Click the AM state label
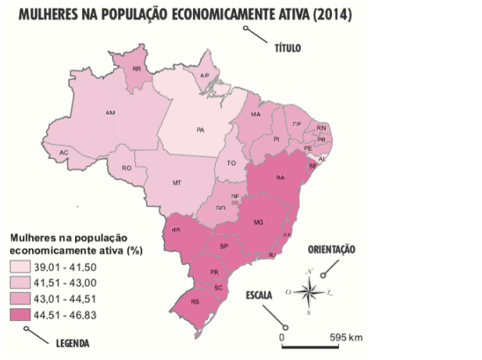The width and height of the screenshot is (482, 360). click(110, 113)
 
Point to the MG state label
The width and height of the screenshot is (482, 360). click(259, 222)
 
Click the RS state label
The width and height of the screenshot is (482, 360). click(195, 301)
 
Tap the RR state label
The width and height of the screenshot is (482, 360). click(137, 70)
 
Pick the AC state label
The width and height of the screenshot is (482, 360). click(64, 152)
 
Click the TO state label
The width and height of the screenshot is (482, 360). click(231, 164)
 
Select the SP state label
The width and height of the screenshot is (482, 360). click(223, 246)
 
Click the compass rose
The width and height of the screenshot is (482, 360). click(309, 291)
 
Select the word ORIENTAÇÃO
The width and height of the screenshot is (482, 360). click(331, 250)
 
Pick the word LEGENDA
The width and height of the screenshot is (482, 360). click(72, 343)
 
